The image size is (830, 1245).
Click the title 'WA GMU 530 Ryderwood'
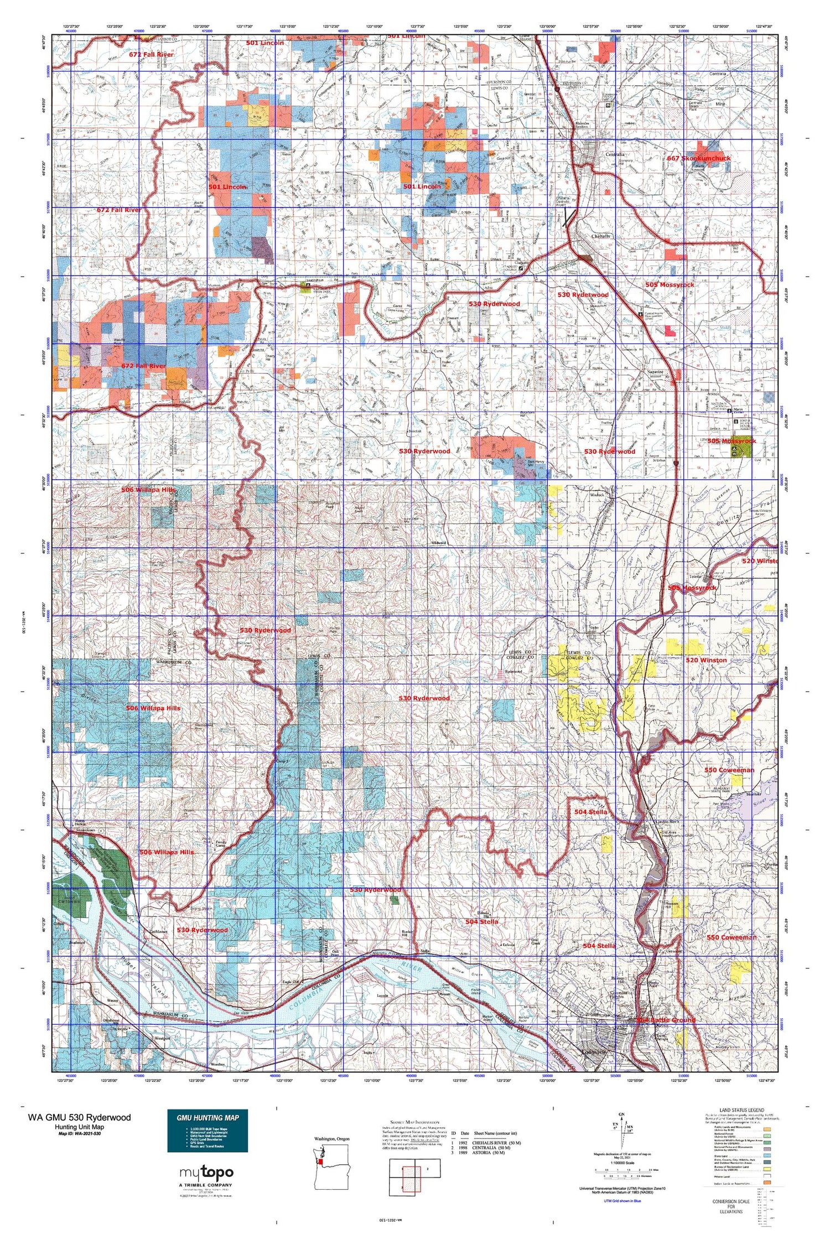click(x=80, y=1117)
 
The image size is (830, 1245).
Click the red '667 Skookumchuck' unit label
click(x=698, y=158)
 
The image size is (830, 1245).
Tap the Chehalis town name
click(x=600, y=236)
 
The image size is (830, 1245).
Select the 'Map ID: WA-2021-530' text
click(x=80, y=1134)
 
